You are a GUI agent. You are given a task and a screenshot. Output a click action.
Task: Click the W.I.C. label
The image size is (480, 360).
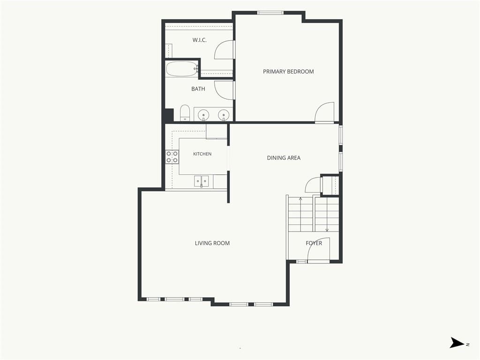coord(200,40)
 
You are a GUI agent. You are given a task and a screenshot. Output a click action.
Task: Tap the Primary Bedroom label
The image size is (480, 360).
coord(288,72)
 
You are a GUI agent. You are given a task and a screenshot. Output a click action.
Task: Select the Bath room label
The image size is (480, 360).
coord(198,89)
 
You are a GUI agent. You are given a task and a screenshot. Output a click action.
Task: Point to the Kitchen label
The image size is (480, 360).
coord(202,154)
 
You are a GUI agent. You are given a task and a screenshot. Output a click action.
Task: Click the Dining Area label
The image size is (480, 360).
coord(284,158)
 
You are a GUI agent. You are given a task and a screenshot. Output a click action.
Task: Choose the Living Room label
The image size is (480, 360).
coord(212,243)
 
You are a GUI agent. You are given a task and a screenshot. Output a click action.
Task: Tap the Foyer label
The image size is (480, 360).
coord(314,243)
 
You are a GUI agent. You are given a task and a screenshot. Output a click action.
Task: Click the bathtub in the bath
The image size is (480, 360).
coord(182,68)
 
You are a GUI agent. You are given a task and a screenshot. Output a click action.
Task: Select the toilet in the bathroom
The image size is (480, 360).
coord(185,112)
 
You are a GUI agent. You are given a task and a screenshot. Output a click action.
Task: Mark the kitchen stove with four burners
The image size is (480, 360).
coord(172,157)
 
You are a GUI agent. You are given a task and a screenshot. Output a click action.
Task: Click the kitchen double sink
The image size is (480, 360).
coord(202,181)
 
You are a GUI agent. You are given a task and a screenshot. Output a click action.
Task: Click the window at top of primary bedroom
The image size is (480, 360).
coord(270,13)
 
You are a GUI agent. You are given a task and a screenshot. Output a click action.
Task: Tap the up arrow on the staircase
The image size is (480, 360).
coord(300,215)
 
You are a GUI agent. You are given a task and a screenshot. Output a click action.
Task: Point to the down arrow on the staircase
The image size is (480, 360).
coord(327,215)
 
